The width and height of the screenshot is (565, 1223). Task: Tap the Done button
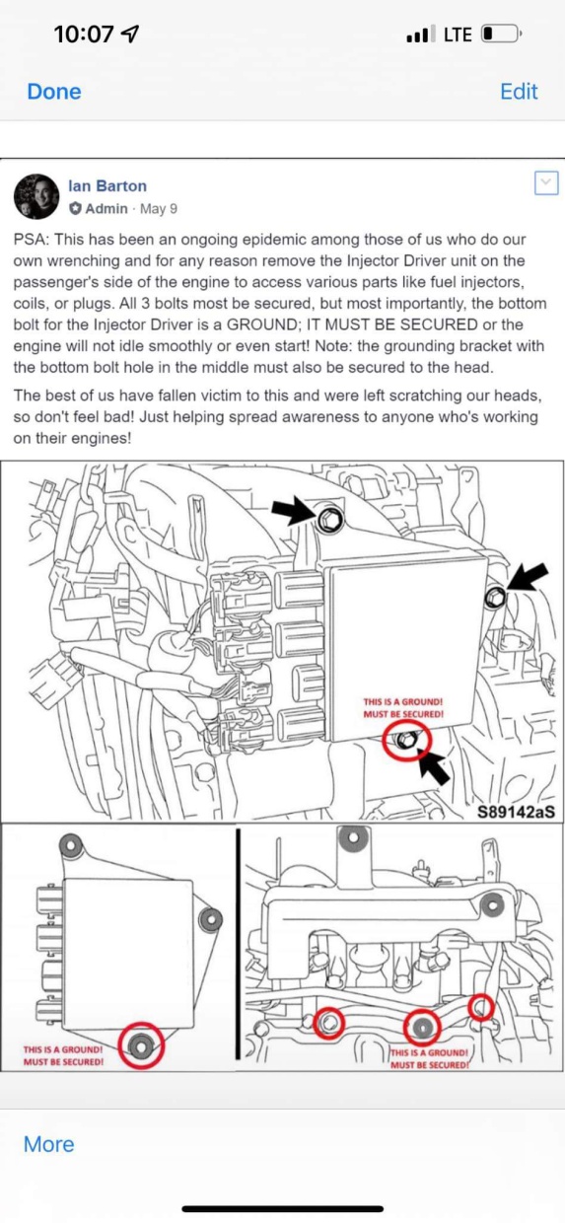(x=54, y=92)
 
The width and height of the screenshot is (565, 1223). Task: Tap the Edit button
(x=519, y=92)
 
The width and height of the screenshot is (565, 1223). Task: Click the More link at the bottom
(x=48, y=1144)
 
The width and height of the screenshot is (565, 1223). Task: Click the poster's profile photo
(x=36, y=196)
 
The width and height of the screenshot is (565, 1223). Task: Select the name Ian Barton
(x=107, y=186)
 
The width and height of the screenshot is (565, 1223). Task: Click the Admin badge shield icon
(x=75, y=208)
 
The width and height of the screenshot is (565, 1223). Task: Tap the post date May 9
(x=159, y=209)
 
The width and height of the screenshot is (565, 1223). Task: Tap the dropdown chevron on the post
(x=546, y=182)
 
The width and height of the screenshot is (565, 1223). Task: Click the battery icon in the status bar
(x=501, y=35)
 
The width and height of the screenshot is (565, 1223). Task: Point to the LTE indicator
(x=458, y=35)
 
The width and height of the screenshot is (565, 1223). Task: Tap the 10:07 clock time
(x=84, y=35)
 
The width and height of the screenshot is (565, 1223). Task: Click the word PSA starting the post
(x=31, y=239)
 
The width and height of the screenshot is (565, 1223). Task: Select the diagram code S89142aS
(x=516, y=812)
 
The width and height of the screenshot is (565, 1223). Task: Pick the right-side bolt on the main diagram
(x=495, y=598)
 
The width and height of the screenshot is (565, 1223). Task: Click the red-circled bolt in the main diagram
(x=406, y=740)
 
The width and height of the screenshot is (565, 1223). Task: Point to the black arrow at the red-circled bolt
(x=434, y=765)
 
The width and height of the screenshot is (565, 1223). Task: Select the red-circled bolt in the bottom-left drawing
(x=141, y=1045)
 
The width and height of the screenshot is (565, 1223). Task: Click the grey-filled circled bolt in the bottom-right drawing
(x=423, y=1027)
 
